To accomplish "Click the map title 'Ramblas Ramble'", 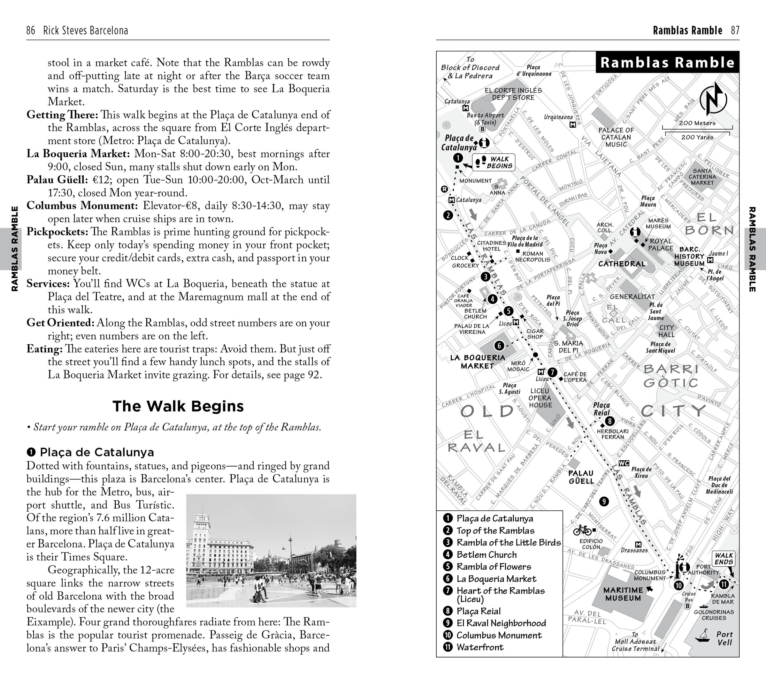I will coord(667,62).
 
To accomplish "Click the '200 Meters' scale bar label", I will coord(697,123).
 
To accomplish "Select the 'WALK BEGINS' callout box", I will coord(493,163).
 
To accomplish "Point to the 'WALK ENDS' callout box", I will coord(723,559).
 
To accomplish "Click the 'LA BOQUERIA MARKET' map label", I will coord(478,362).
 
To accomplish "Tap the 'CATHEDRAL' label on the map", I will coord(622,264).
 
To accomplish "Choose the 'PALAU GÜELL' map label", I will coord(581,477).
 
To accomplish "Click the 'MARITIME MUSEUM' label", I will coord(623,594).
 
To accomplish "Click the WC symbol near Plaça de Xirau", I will coord(624,463).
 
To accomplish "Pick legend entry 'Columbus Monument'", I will coord(499,635).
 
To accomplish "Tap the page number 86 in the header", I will coord(31,30).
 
